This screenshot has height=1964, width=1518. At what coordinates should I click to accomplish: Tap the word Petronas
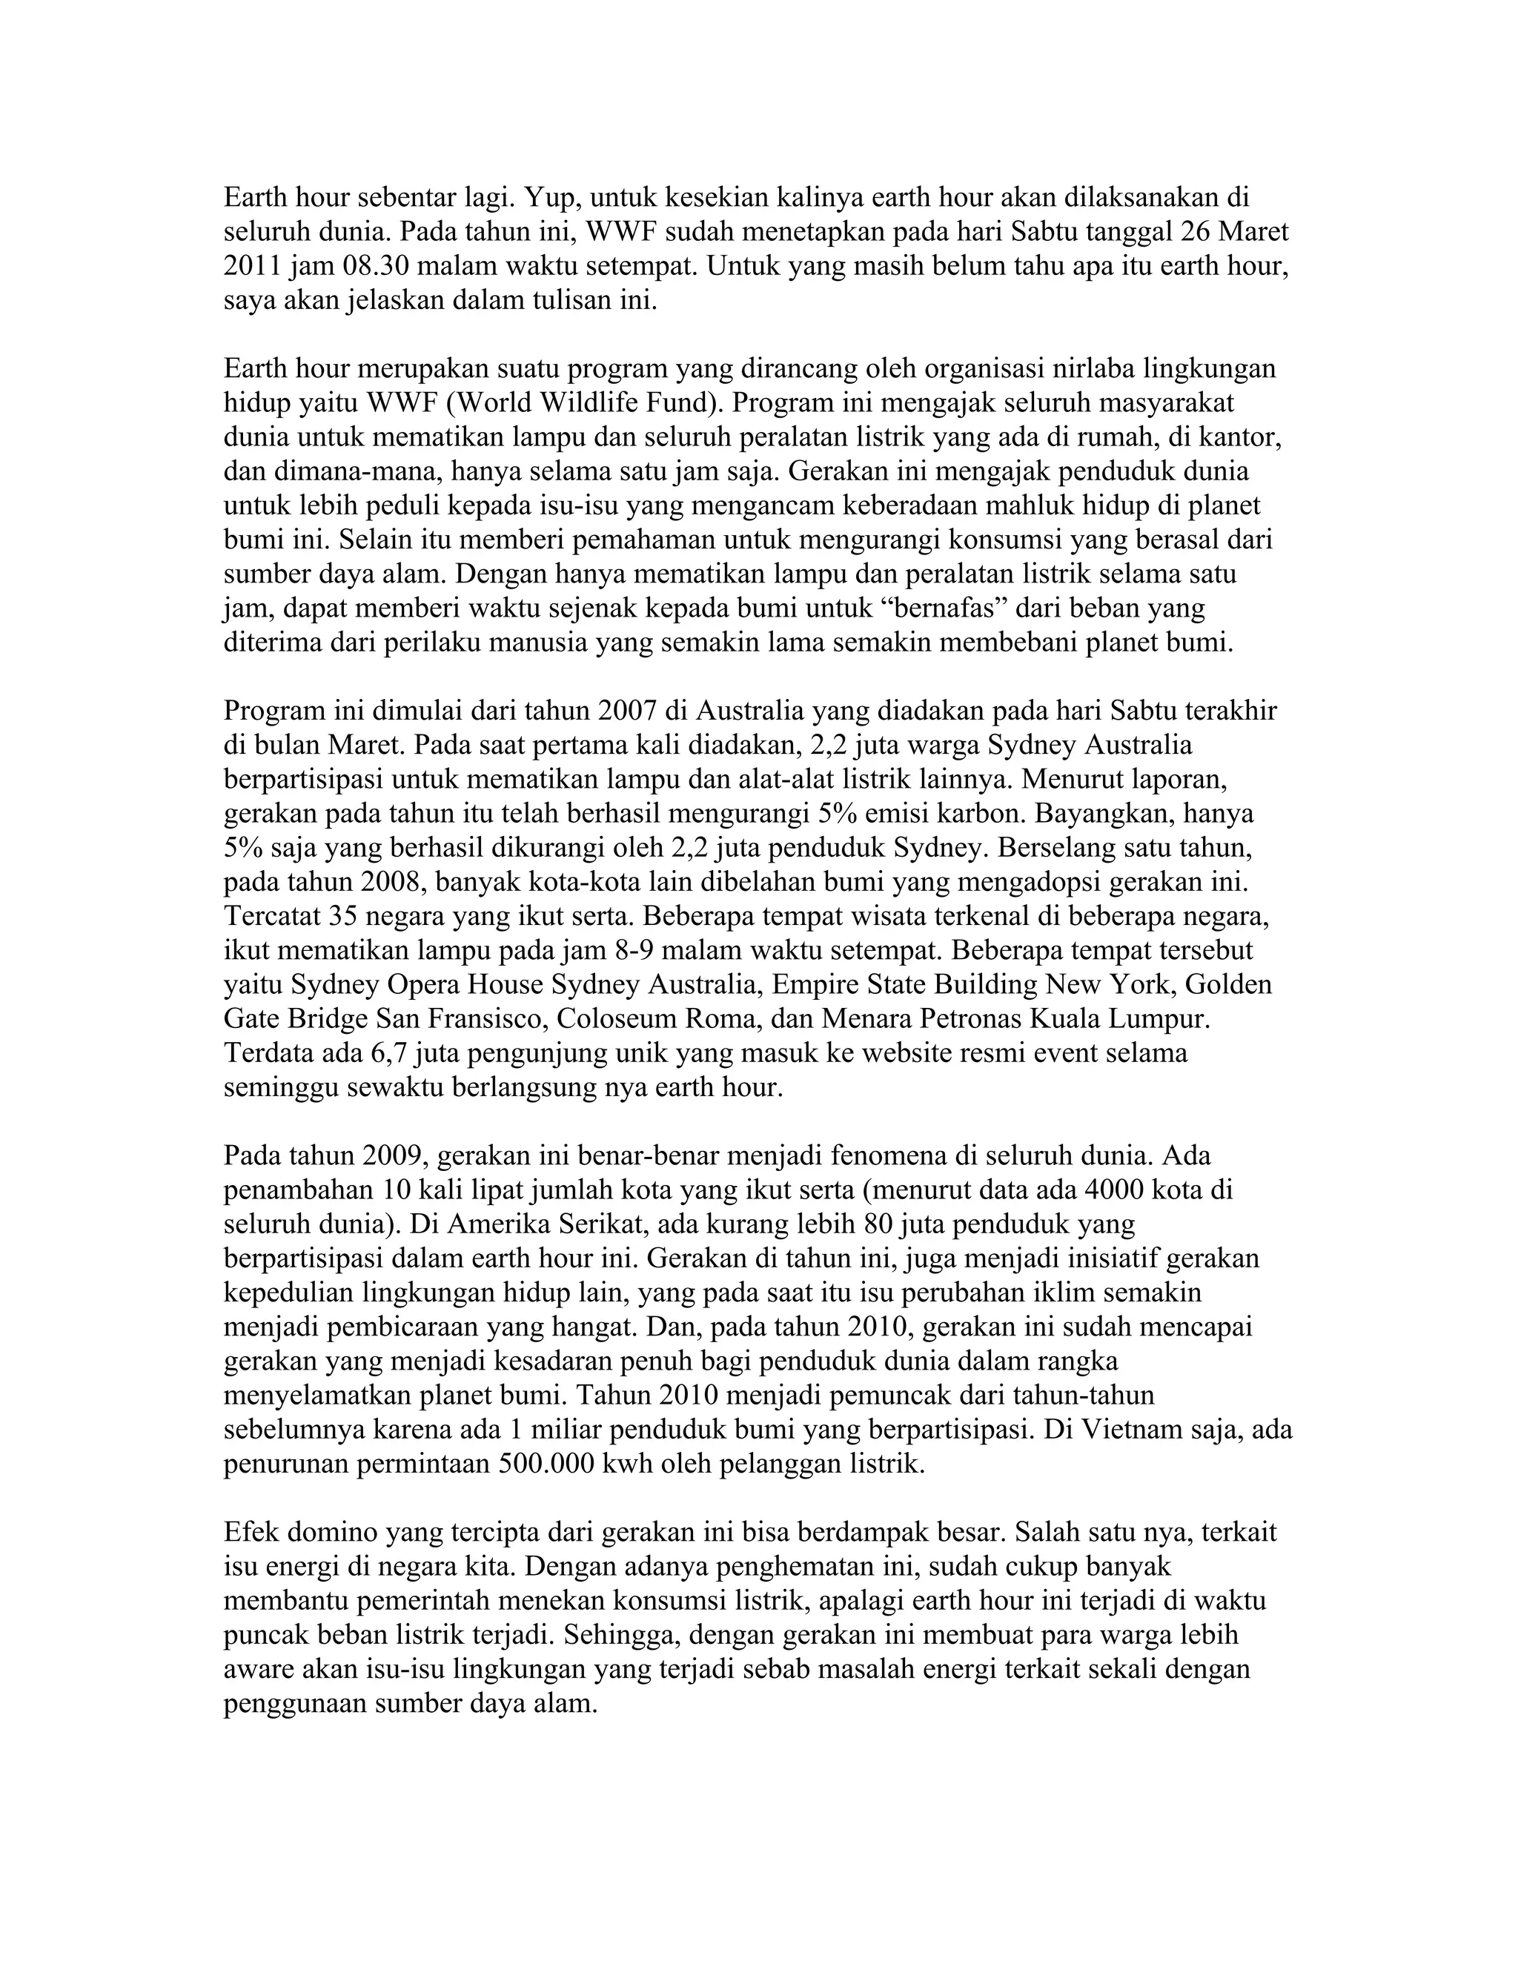958,1019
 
